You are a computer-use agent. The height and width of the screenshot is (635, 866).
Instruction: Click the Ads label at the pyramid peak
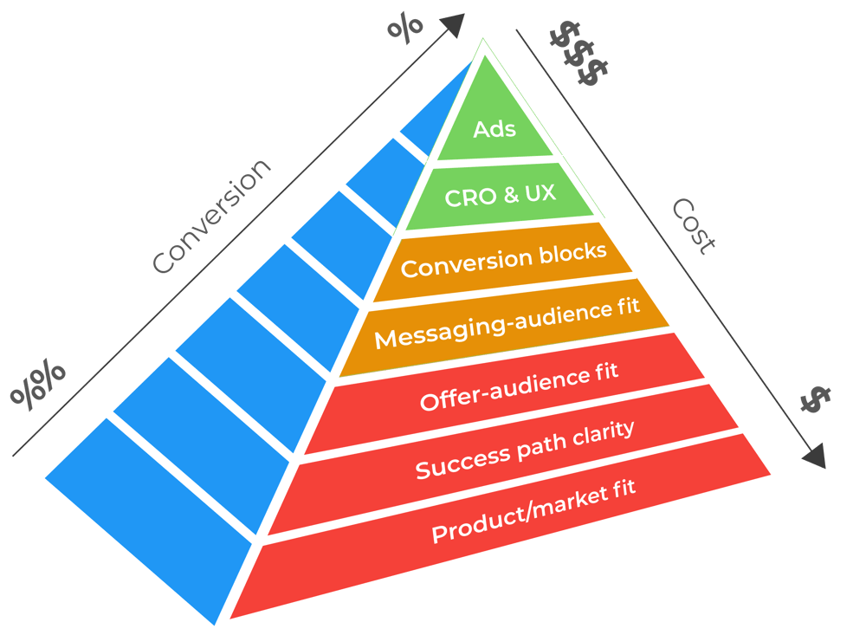coord(494,130)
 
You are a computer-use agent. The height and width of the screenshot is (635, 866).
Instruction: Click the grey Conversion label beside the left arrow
coord(212,217)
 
